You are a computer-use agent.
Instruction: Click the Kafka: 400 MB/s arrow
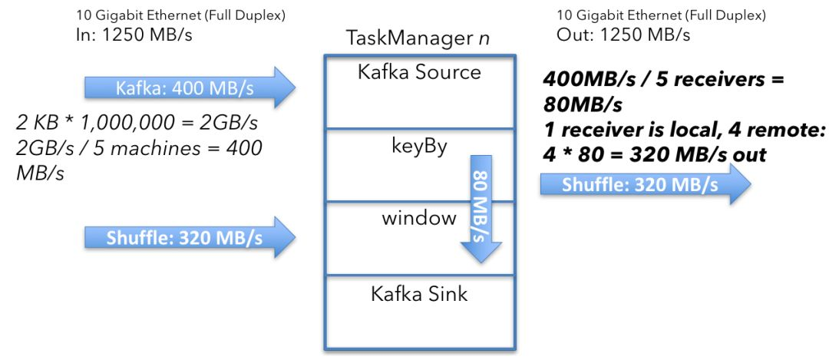(x=190, y=88)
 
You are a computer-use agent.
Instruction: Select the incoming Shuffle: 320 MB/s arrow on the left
(x=190, y=237)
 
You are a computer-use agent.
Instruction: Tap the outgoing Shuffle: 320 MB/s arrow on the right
(x=645, y=184)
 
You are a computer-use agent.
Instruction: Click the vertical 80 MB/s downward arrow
(x=481, y=209)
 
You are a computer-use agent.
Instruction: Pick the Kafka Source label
(x=419, y=71)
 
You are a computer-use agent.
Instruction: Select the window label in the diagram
(x=419, y=217)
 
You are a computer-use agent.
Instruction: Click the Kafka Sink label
(x=419, y=293)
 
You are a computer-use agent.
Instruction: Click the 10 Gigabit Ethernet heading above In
(x=180, y=15)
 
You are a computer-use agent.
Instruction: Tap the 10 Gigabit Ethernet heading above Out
(x=661, y=15)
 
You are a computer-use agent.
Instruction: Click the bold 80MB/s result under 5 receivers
(x=583, y=105)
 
